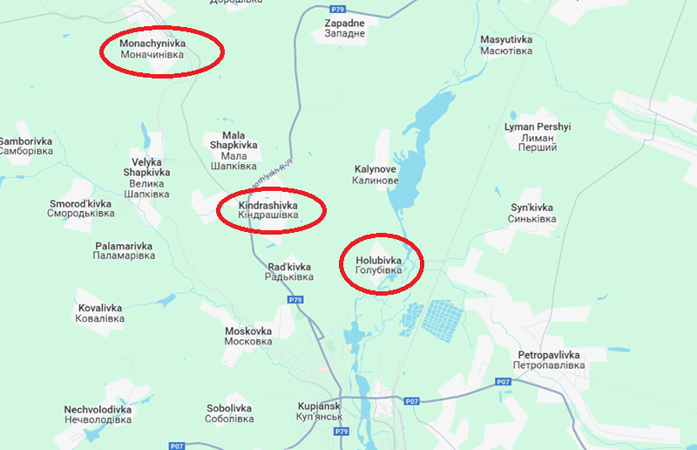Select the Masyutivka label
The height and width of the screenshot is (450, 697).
tap(506, 45)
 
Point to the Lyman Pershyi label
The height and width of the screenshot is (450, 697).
tap(537, 137)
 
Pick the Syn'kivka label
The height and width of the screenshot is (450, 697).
tap(531, 213)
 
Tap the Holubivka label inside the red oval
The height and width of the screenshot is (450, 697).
tap(378, 265)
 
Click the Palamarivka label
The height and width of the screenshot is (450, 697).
tap(124, 250)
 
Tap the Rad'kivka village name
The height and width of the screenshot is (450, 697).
tap(289, 271)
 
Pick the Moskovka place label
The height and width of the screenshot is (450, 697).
tap(248, 337)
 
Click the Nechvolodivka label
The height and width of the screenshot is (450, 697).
tap(98, 414)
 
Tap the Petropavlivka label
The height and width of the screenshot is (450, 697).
tap(549, 360)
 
